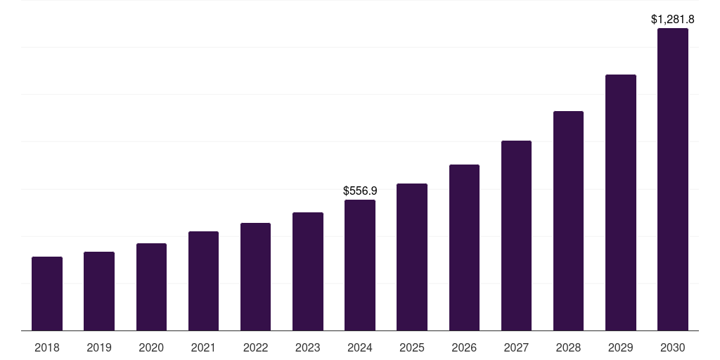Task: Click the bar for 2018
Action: click(x=47, y=293)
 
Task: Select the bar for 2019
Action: click(x=99, y=291)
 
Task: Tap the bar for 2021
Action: click(x=203, y=281)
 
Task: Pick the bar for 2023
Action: click(x=308, y=271)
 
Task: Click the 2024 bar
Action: click(x=360, y=265)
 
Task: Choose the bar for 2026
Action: click(x=464, y=247)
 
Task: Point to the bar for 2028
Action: click(x=568, y=221)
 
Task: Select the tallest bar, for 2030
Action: click(x=673, y=179)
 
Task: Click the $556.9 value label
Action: click(x=360, y=191)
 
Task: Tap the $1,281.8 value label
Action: click(x=673, y=20)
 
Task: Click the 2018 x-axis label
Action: click(x=47, y=347)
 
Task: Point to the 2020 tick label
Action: click(x=151, y=347)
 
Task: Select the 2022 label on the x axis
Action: click(x=255, y=347)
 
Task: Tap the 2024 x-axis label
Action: click(x=360, y=347)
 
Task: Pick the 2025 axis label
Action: click(x=412, y=347)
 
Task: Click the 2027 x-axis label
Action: click(x=516, y=347)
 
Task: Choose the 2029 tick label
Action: click(x=620, y=347)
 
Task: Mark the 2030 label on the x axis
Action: click(x=673, y=347)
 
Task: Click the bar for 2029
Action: click(x=620, y=202)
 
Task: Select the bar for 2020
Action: click(x=151, y=287)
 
